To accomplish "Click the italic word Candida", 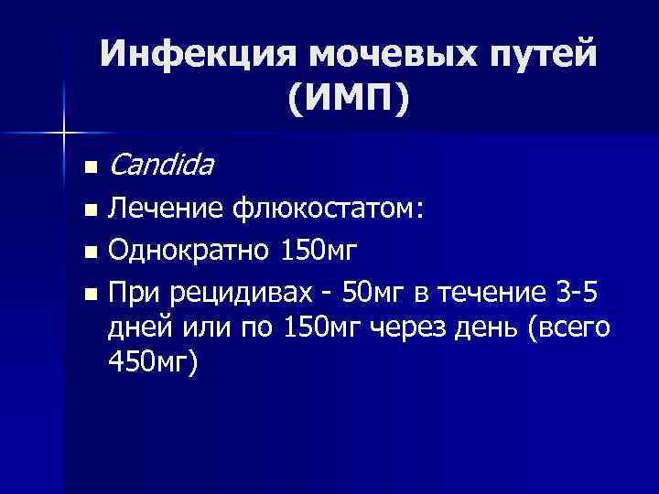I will pos(160,166).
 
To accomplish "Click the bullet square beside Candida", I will pos(88,168).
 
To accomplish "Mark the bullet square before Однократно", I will pos(88,252).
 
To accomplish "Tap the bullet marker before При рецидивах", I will pos(88,294).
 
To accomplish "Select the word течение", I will pos(492,293).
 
